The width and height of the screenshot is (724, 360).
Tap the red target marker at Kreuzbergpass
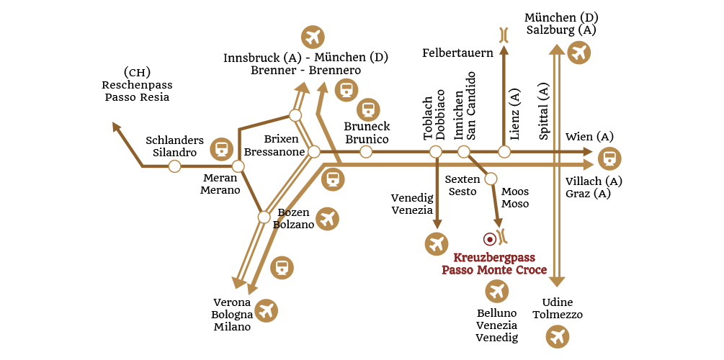click(490, 238)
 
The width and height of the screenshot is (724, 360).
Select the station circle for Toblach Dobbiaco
click(435, 152)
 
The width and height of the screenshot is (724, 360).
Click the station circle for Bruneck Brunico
click(366, 152)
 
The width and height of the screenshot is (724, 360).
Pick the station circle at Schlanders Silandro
click(174, 166)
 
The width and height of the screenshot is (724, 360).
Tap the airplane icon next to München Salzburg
click(578, 52)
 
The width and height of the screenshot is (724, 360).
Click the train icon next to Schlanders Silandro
click(221, 149)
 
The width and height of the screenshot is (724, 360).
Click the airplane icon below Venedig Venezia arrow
click(436, 243)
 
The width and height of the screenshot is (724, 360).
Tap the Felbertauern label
click(457, 53)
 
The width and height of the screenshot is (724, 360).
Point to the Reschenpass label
click(137, 85)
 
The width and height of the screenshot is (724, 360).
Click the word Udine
click(557, 303)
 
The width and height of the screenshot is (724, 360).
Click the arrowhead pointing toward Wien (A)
click(587, 152)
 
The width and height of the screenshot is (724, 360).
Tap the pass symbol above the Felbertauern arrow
click(504, 33)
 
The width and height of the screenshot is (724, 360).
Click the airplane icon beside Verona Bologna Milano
click(266, 310)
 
